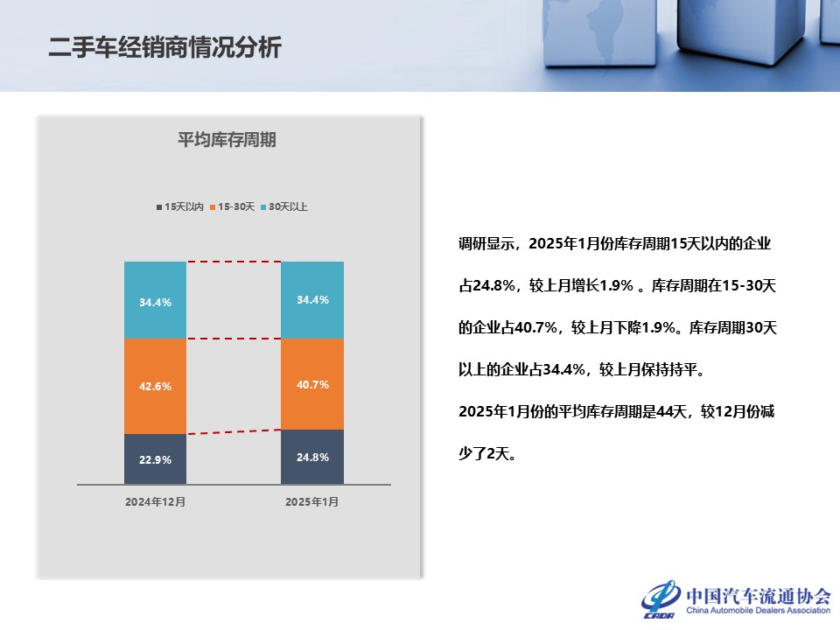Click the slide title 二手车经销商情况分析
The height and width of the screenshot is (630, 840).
coord(165,47)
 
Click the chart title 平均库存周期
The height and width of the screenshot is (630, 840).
coord(227,140)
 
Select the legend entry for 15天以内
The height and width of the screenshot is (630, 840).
coord(180,207)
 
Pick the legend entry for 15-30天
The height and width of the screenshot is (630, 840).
coord(232,207)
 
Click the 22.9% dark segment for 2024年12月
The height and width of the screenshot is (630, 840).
coord(155,458)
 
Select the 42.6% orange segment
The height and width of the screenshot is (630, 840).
coord(155,386)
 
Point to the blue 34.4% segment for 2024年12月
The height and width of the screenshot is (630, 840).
coord(155,300)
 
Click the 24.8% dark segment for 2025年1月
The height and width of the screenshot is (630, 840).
coord(312,456)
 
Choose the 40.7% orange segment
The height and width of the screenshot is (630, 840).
coord(312,384)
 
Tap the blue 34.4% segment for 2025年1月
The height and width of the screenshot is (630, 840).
coord(312,299)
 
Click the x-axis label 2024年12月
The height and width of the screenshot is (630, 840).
coord(155,502)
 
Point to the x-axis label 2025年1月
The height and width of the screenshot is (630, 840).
coord(311,502)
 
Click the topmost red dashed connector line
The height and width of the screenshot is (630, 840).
coord(234,262)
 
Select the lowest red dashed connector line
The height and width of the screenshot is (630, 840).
coord(234,431)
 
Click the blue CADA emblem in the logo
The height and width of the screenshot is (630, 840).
coord(661,599)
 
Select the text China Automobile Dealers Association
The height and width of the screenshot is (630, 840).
coord(758,612)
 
